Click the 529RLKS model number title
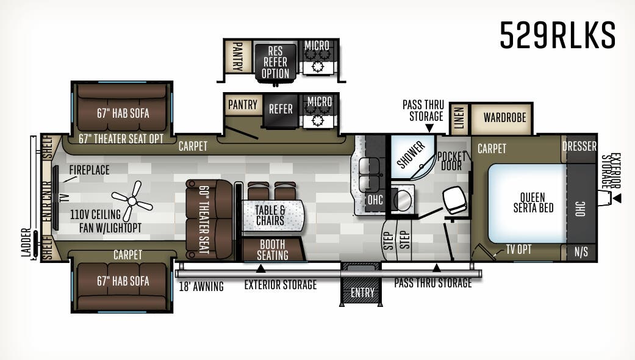pos(558,35)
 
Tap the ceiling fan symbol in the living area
pos(131,202)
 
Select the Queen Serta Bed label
pos(533,203)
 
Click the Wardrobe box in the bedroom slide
pos(504,117)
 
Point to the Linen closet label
pos(459,118)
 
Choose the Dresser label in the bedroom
pos(579,146)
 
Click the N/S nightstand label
pos(581,252)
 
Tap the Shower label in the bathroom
pos(412,156)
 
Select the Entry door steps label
pos(362,293)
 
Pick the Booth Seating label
pos(272,250)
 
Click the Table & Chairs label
pos(270,215)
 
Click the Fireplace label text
pos(89,170)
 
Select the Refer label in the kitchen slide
pos(281,109)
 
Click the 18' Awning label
pos(201,286)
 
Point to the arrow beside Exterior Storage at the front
pos(617,198)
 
